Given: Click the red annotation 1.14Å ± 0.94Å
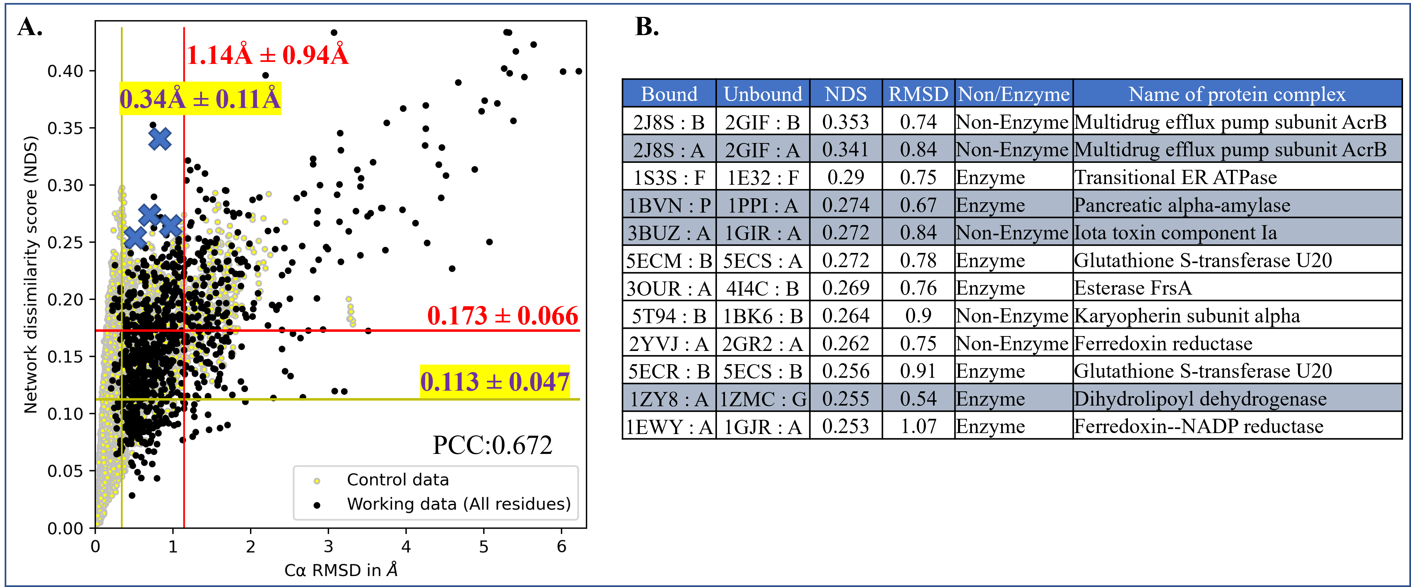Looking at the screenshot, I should pyautogui.click(x=267, y=55).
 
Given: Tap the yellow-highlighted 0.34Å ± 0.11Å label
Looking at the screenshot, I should pyautogui.click(x=200, y=99).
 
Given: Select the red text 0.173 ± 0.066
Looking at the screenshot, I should pyautogui.click(x=502, y=316).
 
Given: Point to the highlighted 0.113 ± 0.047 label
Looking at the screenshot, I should pyautogui.click(x=495, y=382).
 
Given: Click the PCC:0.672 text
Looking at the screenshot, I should pyautogui.click(x=492, y=445).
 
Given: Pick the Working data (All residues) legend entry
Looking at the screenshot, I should pyautogui.click(x=458, y=504).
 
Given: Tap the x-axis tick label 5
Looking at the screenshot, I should pyautogui.click(x=484, y=547).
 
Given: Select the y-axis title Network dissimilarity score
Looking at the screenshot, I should pyautogui.click(x=31, y=274).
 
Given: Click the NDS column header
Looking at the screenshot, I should pyautogui.click(x=846, y=94).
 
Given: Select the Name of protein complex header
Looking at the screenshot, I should pyautogui.click(x=1237, y=94).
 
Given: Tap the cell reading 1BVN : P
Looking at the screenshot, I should pyautogui.click(x=669, y=205).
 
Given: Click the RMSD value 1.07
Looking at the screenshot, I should pyautogui.click(x=918, y=426).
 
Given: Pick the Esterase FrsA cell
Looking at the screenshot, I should pyautogui.click(x=1133, y=288).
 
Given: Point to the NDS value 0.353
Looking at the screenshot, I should pyautogui.click(x=846, y=122).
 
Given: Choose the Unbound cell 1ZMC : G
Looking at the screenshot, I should pyautogui.click(x=763, y=399).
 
